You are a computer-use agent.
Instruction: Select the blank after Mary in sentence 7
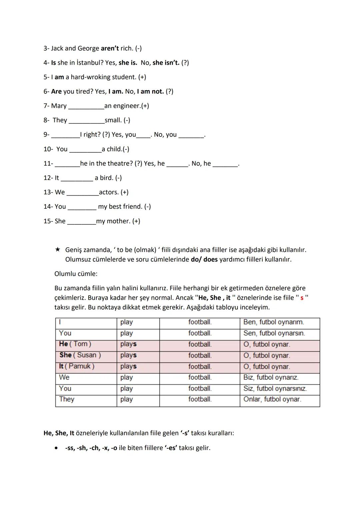click(x=86, y=106)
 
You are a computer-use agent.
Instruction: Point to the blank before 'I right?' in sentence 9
click(x=65, y=135)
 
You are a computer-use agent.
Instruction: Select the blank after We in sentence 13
click(x=82, y=193)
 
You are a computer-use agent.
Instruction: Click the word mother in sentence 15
click(x=118, y=221)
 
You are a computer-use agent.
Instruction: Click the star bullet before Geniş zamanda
click(x=58, y=250)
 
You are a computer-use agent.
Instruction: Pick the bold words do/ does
click(x=204, y=259)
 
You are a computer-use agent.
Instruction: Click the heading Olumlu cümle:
click(x=76, y=274)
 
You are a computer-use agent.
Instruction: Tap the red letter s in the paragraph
click(x=302, y=298)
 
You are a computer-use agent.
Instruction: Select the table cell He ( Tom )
click(x=75, y=344)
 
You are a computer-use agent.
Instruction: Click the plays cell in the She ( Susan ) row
click(x=128, y=355)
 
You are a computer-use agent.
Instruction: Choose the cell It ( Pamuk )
click(x=77, y=366)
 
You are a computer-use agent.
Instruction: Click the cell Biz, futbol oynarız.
click(x=271, y=378)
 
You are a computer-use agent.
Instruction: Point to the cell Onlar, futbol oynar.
click(x=272, y=399)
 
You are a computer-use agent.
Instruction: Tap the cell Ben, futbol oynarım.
click(x=273, y=322)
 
